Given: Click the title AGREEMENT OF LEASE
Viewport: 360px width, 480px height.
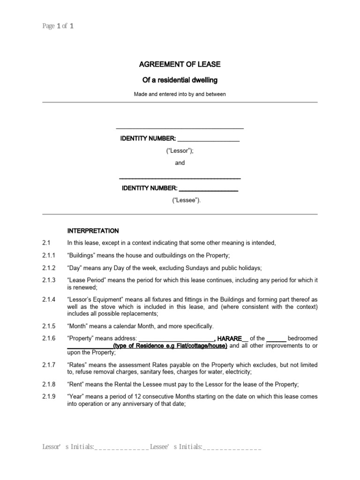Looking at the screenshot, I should tap(180, 64).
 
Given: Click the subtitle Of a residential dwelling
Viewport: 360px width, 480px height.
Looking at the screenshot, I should tap(180, 80).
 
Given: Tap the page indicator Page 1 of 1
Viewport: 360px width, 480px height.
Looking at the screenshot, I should tap(58, 26).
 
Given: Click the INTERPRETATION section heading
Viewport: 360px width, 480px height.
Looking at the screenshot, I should tap(93, 231).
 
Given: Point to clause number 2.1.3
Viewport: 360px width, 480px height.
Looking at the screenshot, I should tap(49, 280).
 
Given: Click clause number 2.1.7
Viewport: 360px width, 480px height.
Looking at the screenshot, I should tap(49, 365).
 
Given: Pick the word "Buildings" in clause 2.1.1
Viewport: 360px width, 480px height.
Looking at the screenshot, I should tap(85, 255).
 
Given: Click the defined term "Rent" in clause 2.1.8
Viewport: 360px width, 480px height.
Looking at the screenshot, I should tap(78, 384).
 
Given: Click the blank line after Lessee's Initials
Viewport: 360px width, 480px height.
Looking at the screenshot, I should tap(232, 449).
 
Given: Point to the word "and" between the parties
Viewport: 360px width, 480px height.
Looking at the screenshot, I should tap(180, 163).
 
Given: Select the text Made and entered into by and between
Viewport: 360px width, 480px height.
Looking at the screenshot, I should tap(180, 94).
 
